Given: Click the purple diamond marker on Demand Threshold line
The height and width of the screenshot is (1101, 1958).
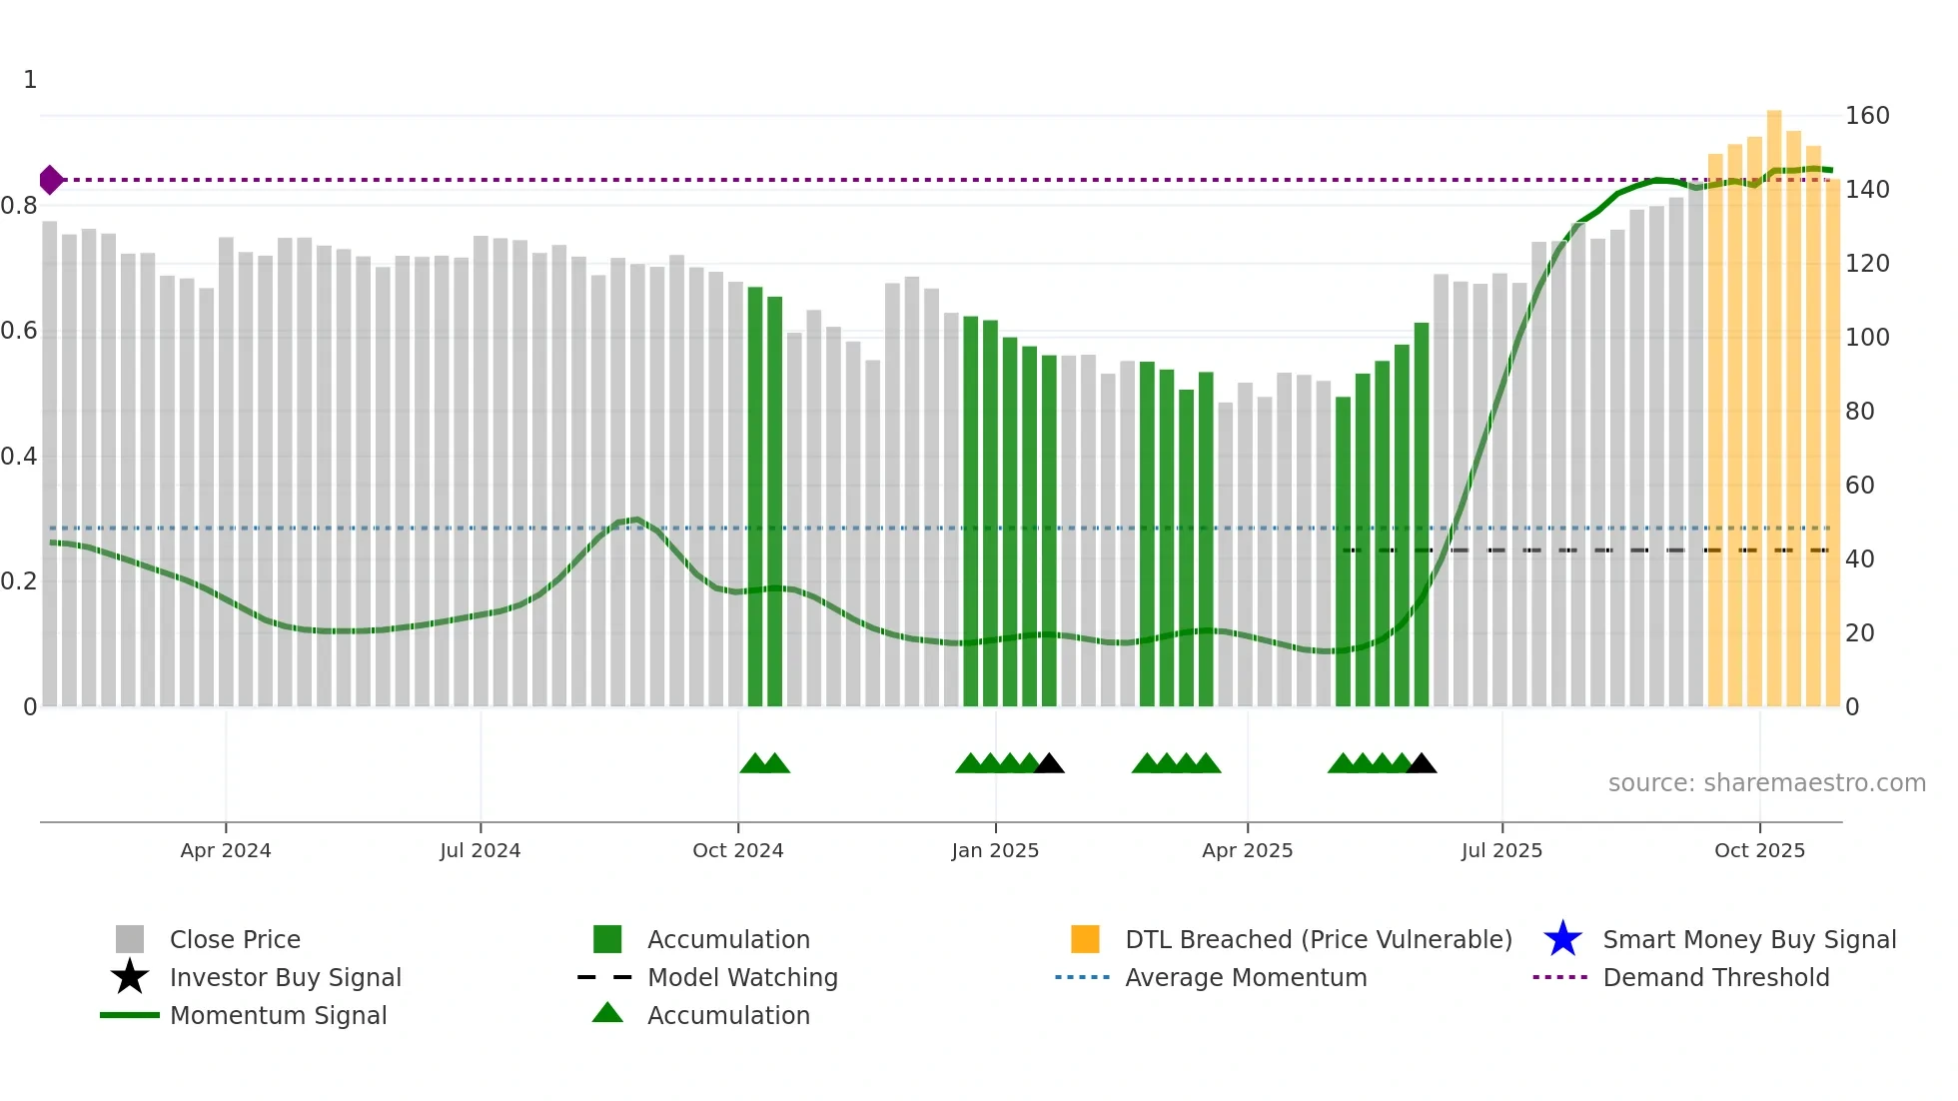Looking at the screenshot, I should click(x=51, y=180).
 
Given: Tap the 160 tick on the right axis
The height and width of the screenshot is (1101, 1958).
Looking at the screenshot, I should click(x=1866, y=116).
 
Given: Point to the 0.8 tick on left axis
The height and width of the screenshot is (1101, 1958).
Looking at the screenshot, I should click(x=19, y=206).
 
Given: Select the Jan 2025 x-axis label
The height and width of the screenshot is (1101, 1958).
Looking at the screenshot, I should click(x=995, y=850).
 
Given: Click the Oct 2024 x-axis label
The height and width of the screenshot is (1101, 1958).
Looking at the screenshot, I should click(x=737, y=850).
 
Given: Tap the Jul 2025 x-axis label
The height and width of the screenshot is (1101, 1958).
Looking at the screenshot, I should click(x=1501, y=850).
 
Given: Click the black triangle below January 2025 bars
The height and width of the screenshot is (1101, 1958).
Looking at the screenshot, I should click(x=1049, y=764).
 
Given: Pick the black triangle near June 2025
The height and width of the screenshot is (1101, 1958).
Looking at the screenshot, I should click(x=1421, y=764).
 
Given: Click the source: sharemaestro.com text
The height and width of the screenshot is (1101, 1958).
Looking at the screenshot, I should click(x=1766, y=783).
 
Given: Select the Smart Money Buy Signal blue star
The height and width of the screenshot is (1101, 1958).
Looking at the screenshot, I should click(x=1562, y=939).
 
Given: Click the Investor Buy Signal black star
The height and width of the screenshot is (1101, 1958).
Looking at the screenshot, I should click(x=130, y=977).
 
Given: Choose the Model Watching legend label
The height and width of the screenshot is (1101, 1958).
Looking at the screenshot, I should click(x=742, y=977).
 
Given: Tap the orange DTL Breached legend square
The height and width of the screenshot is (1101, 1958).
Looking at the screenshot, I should click(x=1085, y=939).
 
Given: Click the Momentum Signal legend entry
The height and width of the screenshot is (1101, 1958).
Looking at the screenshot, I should click(x=278, y=1015).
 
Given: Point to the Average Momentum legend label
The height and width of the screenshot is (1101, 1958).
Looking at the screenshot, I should click(x=1246, y=977).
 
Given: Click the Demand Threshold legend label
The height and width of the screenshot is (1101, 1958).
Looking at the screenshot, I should click(x=1715, y=977).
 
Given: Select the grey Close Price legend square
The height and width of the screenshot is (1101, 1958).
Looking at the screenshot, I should click(x=130, y=939).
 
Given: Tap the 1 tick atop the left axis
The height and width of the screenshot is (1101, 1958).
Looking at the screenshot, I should click(x=30, y=80).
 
